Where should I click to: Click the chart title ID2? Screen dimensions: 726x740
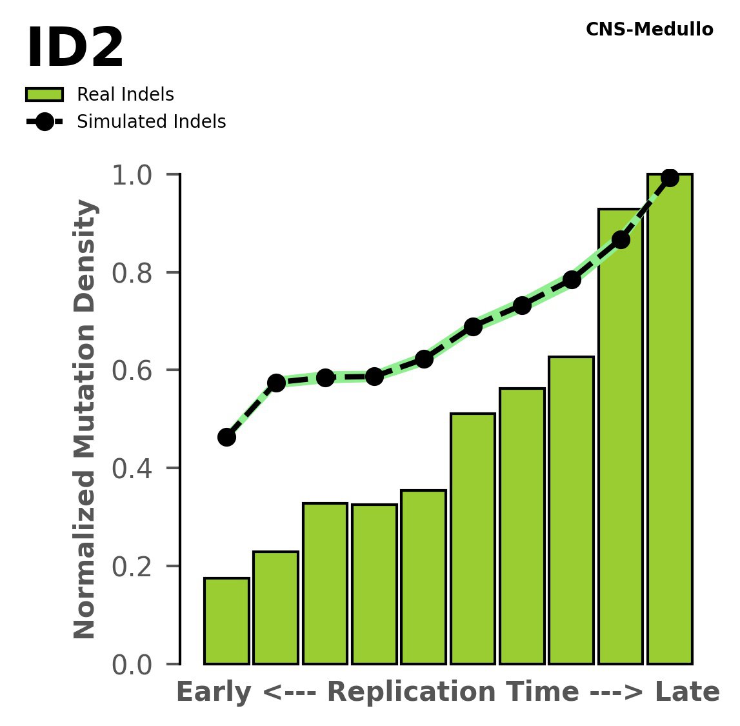tap(75, 49)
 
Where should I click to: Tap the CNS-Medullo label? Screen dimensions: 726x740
tap(649, 30)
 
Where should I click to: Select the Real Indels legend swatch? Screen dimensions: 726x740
tap(45, 95)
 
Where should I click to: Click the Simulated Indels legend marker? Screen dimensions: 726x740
tap(45, 122)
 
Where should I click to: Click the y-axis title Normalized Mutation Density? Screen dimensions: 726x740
tap(85, 419)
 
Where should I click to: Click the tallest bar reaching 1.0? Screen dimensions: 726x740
tap(670, 419)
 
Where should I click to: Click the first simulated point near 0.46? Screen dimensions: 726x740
tap(226, 437)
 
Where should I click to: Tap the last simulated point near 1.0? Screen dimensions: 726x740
tap(670, 177)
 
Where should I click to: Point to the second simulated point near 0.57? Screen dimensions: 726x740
tap(276, 383)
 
